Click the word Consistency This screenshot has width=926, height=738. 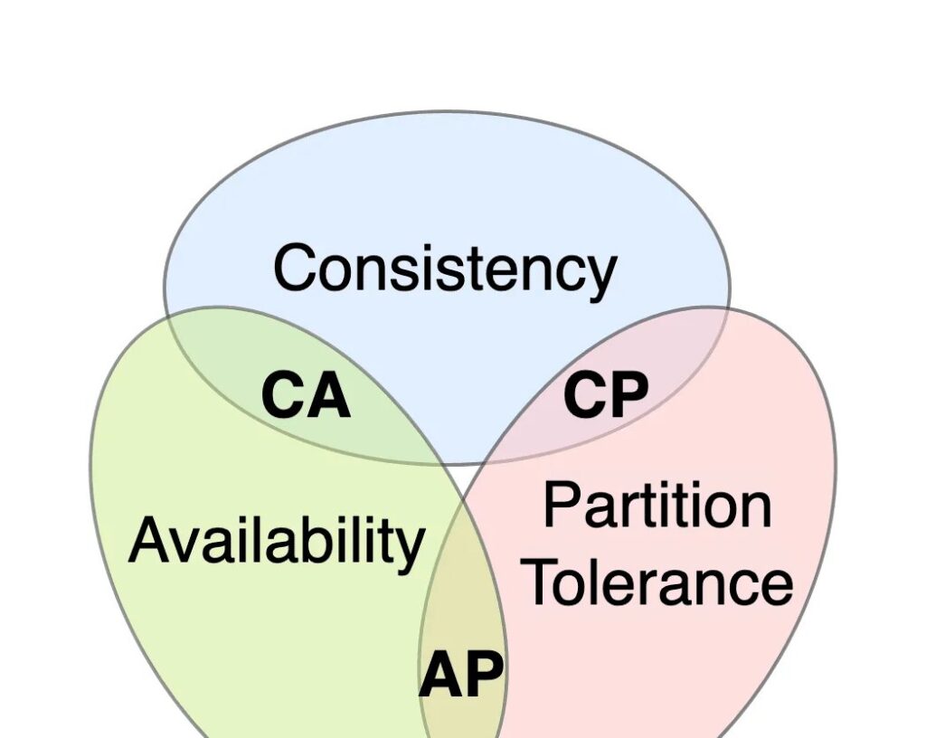(445, 269)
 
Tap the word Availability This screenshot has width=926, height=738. (276, 540)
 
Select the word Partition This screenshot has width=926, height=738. (657, 506)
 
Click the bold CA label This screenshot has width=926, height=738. (306, 396)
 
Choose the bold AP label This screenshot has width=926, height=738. (461, 675)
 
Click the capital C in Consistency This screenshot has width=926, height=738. (297, 269)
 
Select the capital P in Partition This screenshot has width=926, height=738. (561, 506)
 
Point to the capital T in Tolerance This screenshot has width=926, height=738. (544, 583)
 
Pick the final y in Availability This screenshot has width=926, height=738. (410, 547)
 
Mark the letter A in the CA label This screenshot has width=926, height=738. (328, 396)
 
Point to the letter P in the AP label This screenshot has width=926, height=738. (485, 675)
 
